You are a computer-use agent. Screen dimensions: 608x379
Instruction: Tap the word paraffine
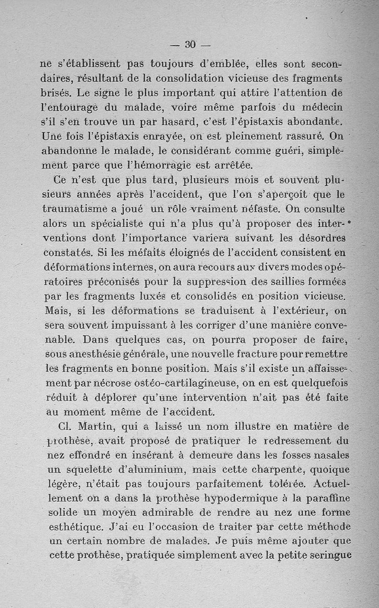[325, 499]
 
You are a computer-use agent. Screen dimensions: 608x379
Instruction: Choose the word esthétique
[76, 527]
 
